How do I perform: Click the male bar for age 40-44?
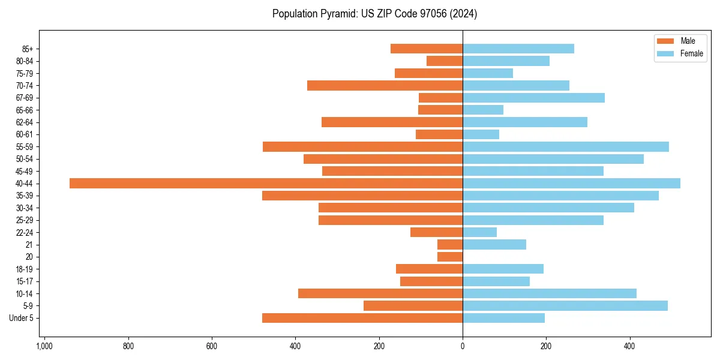266,184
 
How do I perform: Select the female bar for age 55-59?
565,147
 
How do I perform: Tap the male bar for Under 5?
362,318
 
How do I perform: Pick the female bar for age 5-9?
565,306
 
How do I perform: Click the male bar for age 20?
450,257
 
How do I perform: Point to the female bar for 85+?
518,49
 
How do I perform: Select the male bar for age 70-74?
385,86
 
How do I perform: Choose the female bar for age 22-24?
479,232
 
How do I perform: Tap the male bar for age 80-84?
445,61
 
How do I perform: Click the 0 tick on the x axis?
463,346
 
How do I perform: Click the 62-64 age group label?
24,122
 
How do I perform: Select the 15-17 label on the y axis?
24,281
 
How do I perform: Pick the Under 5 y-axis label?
21,318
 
